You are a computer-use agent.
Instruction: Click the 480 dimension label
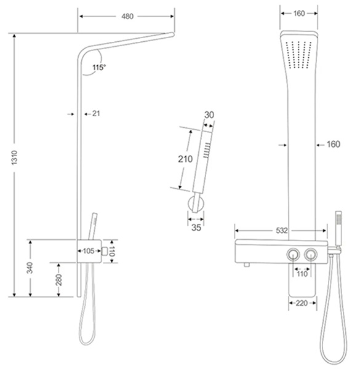pos(127,16)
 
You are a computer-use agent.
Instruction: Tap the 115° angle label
pos(99,68)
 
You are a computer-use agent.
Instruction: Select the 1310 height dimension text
pos(15,157)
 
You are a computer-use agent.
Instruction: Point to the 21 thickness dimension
pos(96,114)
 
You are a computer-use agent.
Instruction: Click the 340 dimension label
pos(30,268)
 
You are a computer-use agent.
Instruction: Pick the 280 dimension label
pos(59,280)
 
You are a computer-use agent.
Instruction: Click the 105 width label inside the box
pos(89,251)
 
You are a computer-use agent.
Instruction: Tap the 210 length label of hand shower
pos(185,159)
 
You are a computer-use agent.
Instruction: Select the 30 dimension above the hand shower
pos(209,115)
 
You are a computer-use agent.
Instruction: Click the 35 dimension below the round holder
pos(196,228)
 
